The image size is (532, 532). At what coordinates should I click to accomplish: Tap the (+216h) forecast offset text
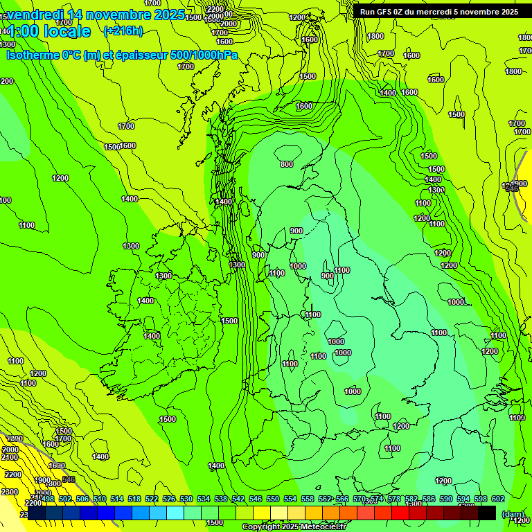click(x=123, y=31)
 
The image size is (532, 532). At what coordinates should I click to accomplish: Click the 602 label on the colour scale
click(x=497, y=499)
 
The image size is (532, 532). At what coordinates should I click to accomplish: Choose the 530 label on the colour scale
click(x=186, y=499)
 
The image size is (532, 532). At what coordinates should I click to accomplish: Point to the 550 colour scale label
click(x=273, y=499)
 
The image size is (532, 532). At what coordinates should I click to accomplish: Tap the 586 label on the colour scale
click(x=428, y=499)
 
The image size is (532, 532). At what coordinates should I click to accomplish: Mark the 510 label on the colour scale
click(x=100, y=499)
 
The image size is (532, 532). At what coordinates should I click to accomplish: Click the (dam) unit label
click(x=512, y=515)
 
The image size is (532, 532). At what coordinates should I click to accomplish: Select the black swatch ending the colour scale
click(x=487, y=513)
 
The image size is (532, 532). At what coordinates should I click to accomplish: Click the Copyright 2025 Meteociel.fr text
click(x=294, y=527)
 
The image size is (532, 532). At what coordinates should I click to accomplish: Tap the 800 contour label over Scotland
click(x=287, y=164)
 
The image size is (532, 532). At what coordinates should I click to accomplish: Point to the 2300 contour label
click(x=10, y=491)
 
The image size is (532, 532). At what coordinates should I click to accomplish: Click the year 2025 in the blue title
click(x=167, y=15)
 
